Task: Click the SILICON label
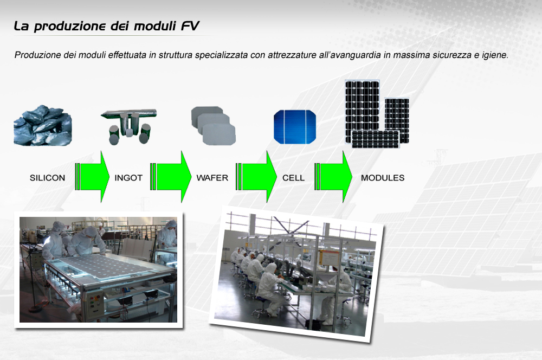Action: click(47, 178)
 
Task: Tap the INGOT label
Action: click(128, 178)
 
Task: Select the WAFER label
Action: click(212, 178)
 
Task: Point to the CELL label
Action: click(293, 178)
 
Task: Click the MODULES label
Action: click(383, 178)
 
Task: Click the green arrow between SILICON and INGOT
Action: click(92, 177)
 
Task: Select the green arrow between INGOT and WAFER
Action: click(171, 177)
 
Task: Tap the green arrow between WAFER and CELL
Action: click(256, 177)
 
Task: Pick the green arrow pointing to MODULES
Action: click(333, 177)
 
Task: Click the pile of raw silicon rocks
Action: click(42, 125)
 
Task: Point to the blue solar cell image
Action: click(295, 127)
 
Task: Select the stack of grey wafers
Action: click(213, 126)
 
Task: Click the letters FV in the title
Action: click(190, 26)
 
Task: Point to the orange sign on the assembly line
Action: click(329, 258)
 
